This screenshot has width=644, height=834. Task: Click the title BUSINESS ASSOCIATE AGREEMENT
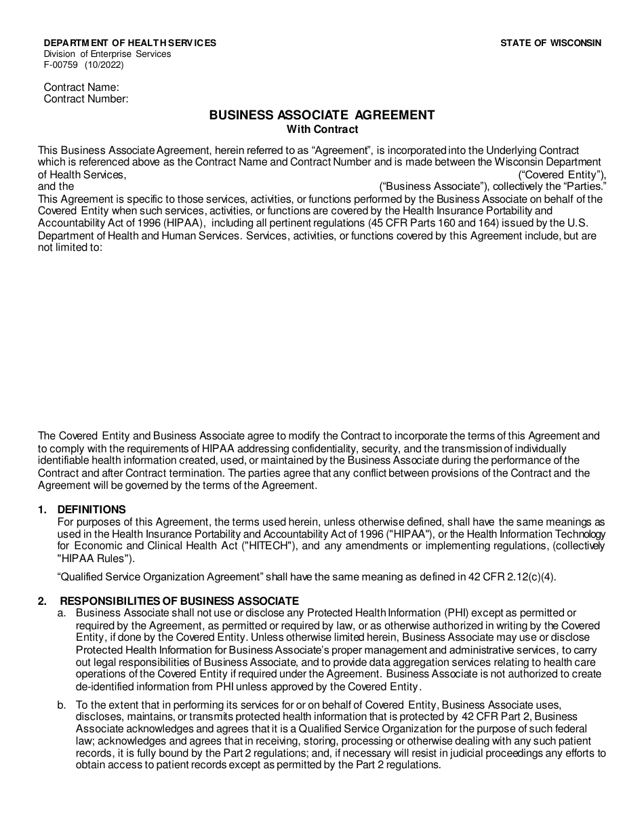(x=321, y=115)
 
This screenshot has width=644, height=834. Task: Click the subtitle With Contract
(x=321, y=129)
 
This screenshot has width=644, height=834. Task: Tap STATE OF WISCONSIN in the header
(x=550, y=43)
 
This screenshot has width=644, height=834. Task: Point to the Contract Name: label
(x=81, y=87)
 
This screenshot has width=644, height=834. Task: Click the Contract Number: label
(x=85, y=99)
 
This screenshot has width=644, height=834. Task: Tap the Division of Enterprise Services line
(x=107, y=54)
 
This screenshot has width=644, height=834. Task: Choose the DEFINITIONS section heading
(x=92, y=510)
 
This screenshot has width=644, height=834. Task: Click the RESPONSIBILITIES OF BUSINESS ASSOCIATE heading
(x=179, y=601)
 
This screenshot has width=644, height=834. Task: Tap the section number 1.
(x=42, y=510)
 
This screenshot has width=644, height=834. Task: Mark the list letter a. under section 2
(x=62, y=613)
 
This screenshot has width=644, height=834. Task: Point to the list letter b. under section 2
(x=62, y=705)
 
